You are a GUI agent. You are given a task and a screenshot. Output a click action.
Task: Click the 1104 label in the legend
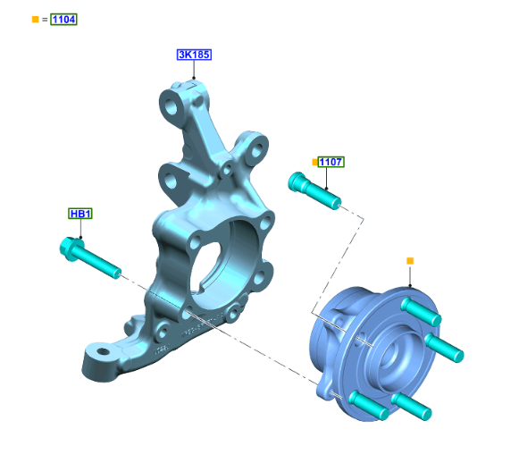[63, 19]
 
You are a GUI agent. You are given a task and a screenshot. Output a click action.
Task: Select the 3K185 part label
[194, 55]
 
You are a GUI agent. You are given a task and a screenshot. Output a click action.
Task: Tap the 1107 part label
[331, 162]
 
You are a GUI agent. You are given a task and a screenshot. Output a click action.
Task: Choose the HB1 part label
[80, 214]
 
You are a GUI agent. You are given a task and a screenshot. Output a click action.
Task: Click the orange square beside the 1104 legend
[36, 19]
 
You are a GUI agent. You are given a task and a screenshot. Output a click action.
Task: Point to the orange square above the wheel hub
[410, 261]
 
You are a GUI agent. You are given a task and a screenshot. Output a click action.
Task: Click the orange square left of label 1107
[314, 163]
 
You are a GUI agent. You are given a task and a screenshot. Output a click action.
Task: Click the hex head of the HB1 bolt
[71, 249]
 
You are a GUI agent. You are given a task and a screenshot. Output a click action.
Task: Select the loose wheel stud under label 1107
[314, 190]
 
